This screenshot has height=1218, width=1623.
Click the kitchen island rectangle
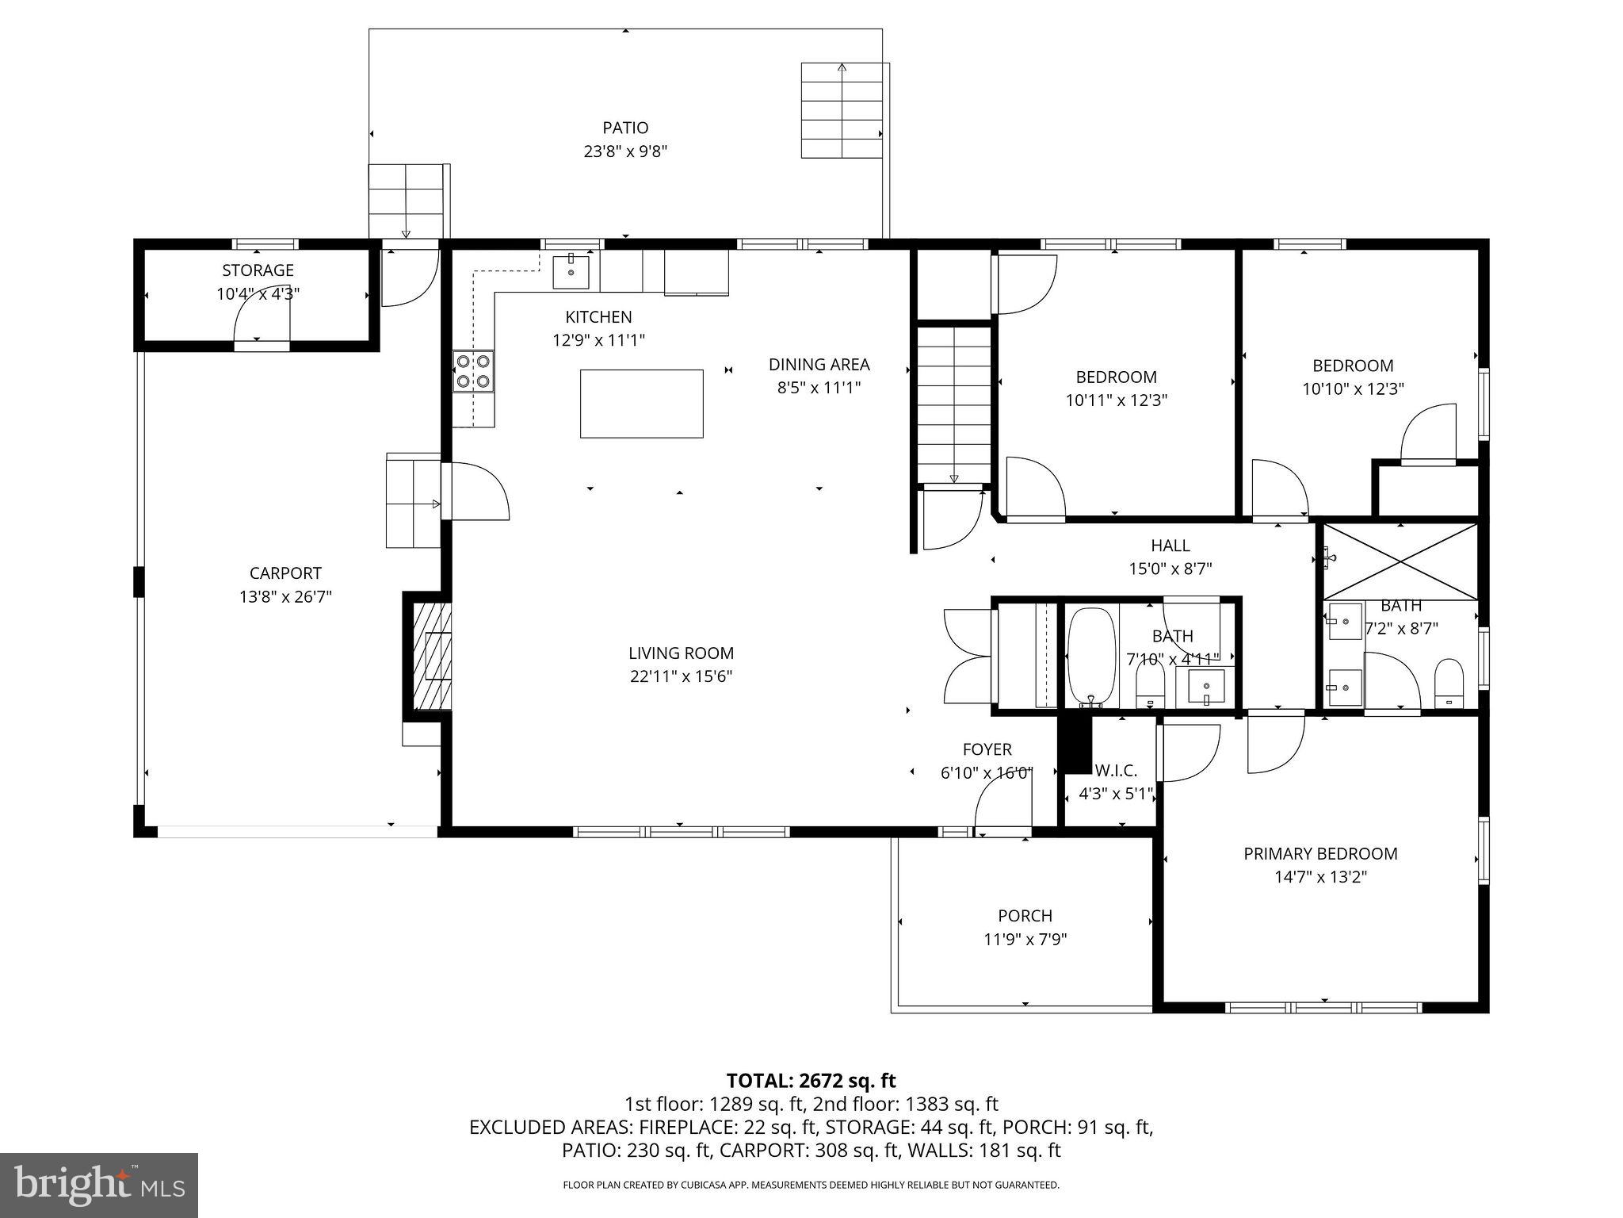tap(641, 403)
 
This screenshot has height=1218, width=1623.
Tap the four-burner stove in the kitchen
tap(473, 371)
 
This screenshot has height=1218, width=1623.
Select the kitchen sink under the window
tap(571, 272)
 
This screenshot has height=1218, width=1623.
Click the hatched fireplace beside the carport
tap(433, 656)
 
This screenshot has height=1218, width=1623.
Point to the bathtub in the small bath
tap(1091, 657)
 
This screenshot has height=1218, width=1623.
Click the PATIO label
tap(625, 128)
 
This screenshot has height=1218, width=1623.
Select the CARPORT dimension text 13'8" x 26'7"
tap(285, 596)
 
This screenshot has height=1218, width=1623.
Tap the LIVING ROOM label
tap(681, 653)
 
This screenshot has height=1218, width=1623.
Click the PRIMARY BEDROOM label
tap(1320, 853)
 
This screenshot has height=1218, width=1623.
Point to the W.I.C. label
tap(1115, 770)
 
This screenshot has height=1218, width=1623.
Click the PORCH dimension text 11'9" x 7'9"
tap(1025, 939)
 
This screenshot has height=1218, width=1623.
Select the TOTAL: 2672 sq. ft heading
tap(811, 1080)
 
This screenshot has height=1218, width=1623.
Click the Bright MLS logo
tap(99, 1185)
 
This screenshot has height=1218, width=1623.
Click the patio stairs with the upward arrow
tap(841, 110)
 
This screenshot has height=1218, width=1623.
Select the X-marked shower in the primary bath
tap(1400, 561)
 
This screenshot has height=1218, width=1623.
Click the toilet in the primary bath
tap(1449, 683)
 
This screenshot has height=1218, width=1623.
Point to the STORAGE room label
tap(258, 270)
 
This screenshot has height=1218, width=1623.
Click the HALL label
tap(1170, 546)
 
